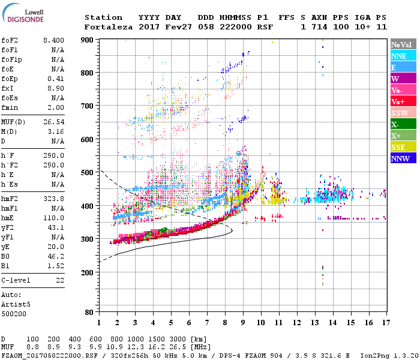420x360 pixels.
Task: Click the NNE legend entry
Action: click(x=403, y=56)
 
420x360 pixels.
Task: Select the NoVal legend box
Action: click(x=403, y=44)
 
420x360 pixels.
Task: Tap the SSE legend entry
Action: click(x=403, y=147)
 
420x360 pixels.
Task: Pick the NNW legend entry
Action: click(x=403, y=158)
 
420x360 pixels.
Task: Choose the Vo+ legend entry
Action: click(x=403, y=101)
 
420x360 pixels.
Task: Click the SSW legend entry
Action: click(x=403, y=113)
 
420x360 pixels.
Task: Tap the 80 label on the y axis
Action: click(x=89, y=312)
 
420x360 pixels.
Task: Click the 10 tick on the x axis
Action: click(x=260, y=323)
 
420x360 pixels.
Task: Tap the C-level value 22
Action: click(x=59, y=280)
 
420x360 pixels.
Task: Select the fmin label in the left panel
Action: click(x=10, y=107)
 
